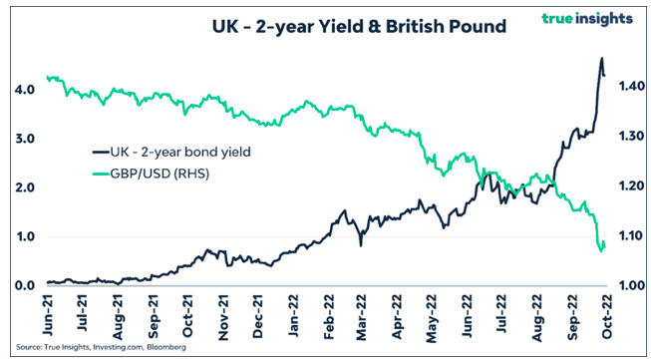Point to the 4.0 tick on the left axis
(26, 89)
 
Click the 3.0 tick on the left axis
(26, 138)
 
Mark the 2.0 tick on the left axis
(26, 187)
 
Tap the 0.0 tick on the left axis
(26, 286)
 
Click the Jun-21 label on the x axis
(48, 311)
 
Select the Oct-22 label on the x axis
(604, 311)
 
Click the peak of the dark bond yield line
(601, 59)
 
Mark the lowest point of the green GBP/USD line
(601, 250)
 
